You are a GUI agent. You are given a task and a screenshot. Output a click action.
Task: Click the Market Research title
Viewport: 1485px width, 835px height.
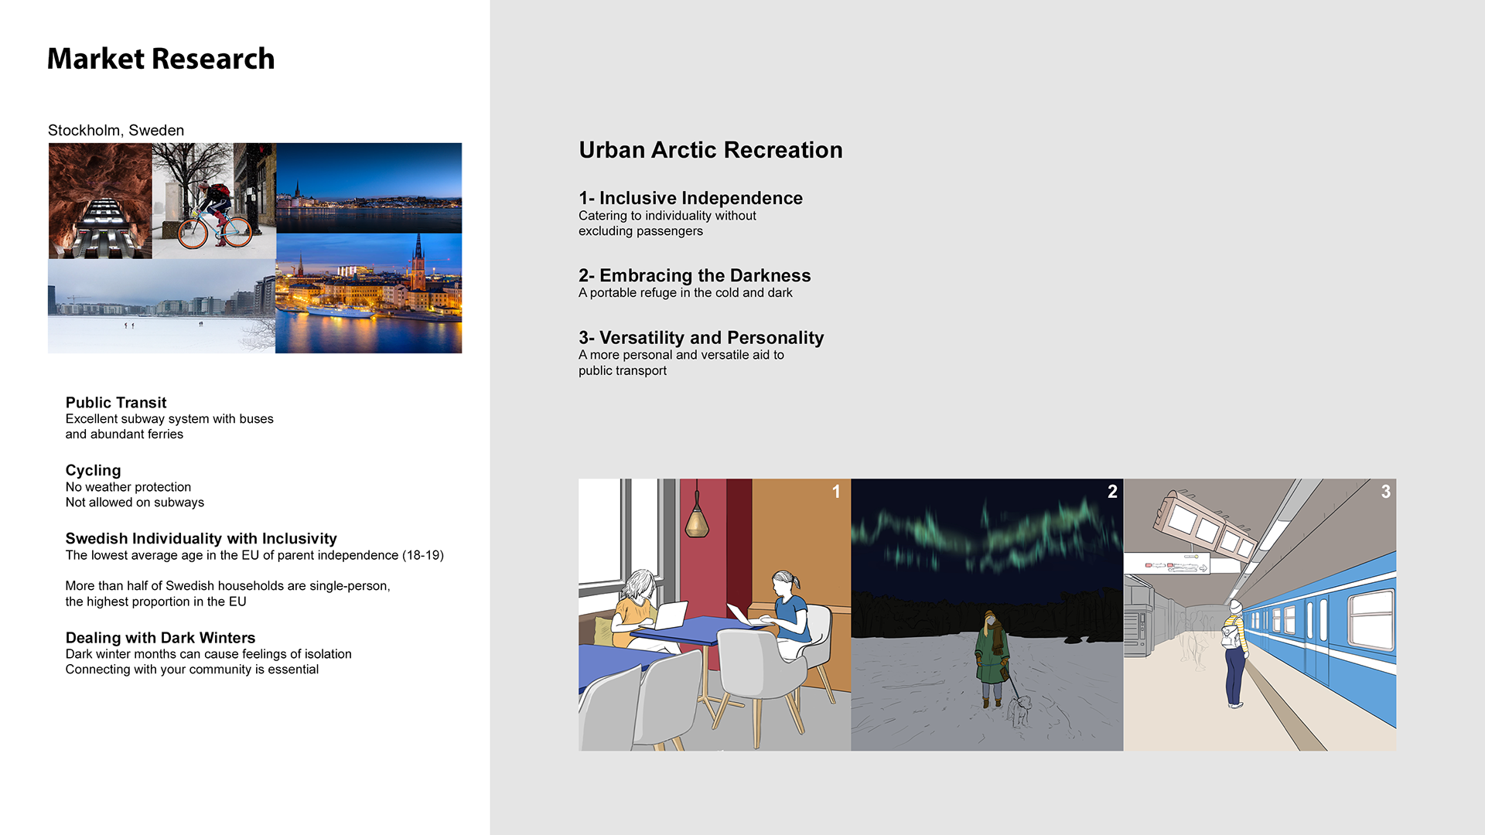tap(161, 59)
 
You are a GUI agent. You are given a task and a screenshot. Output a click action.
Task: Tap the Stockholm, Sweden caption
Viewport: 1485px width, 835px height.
tap(116, 130)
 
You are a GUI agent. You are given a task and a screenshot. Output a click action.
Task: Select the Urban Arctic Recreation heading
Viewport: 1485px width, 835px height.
tap(711, 150)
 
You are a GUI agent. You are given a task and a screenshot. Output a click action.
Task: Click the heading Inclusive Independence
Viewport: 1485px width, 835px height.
tap(701, 198)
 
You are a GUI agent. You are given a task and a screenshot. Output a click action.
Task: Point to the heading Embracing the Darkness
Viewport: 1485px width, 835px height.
tap(705, 275)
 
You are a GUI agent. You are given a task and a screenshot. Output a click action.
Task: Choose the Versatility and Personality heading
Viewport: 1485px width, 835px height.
tap(712, 338)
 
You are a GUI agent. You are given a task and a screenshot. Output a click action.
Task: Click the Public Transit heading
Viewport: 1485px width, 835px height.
tap(116, 402)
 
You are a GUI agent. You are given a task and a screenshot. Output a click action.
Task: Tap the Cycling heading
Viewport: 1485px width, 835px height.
tap(93, 470)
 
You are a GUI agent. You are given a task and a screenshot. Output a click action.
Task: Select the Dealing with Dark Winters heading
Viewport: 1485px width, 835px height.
tap(160, 637)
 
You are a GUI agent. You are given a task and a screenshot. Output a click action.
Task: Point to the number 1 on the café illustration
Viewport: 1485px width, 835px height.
tap(836, 492)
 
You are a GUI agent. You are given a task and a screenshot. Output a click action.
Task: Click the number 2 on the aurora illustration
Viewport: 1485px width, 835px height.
tap(1112, 492)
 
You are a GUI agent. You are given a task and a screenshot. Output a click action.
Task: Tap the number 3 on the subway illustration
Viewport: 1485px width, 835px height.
tap(1386, 492)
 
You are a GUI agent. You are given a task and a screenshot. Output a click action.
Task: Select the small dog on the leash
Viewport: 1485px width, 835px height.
tap(1019, 710)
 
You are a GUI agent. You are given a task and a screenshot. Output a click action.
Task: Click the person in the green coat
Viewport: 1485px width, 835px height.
tap(991, 657)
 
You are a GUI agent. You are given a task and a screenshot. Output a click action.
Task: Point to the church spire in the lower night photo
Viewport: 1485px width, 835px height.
tap(418, 255)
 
